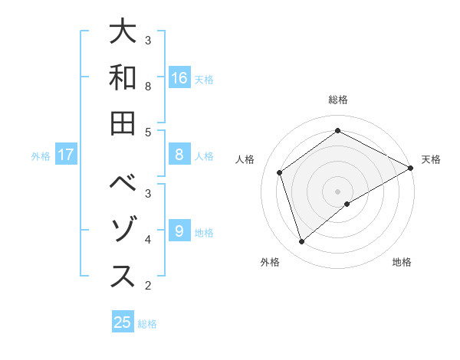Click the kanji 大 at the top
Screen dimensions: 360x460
pyautogui.click(x=123, y=34)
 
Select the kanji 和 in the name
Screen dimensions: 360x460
pyautogui.click(x=123, y=79)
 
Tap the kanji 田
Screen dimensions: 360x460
pyautogui.click(x=123, y=125)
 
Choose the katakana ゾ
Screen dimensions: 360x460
pyautogui.click(x=123, y=232)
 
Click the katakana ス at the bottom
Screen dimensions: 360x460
pyautogui.click(x=123, y=277)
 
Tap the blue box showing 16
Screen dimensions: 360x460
pyautogui.click(x=179, y=77)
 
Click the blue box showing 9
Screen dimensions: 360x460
pyautogui.click(x=179, y=231)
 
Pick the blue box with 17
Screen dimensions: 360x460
pyautogui.click(x=66, y=155)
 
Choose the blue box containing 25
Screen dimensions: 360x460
pyautogui.click(x=123, y=322)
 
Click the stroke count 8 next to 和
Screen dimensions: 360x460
pyautogui.click(x=148, y=87)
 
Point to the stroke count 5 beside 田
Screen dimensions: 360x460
pyautogui.click(x=148, y=132)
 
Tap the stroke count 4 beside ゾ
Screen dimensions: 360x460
pyautogui.click(x=148, y=240)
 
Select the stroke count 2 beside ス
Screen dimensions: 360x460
pyautogui.click(x=148, y=286)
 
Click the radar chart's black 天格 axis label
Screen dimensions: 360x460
pyautogui.click(x=431, y=159)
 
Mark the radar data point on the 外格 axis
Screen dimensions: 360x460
pyautogui.click(x=302, y=242)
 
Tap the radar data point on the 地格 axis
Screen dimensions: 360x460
pyautogui.click(x=347, y=204)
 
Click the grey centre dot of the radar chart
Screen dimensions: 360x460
pyautogui.click(x=338, y=191)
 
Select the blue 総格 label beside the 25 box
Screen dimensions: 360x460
pyautogui.click(x=147, y=324)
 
